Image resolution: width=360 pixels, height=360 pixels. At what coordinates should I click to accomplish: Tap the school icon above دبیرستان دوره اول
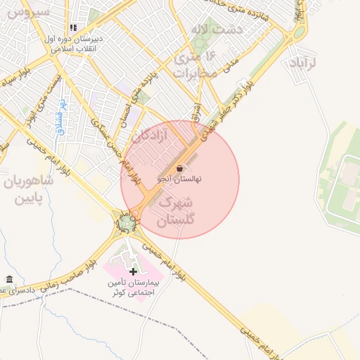point(72,27)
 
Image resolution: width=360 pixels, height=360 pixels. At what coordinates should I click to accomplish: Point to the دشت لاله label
point(216,29)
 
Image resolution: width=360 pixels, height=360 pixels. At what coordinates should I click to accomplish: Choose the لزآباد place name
point(304,63)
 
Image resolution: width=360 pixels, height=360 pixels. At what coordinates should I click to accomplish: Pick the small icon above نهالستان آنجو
point(181,169)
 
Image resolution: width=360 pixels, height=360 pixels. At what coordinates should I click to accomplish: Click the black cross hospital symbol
point(134,271)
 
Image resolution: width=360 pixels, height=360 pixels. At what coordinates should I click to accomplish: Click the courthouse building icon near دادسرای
point(8,279)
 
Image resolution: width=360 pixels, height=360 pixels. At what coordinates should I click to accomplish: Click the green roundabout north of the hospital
point(127,224)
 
